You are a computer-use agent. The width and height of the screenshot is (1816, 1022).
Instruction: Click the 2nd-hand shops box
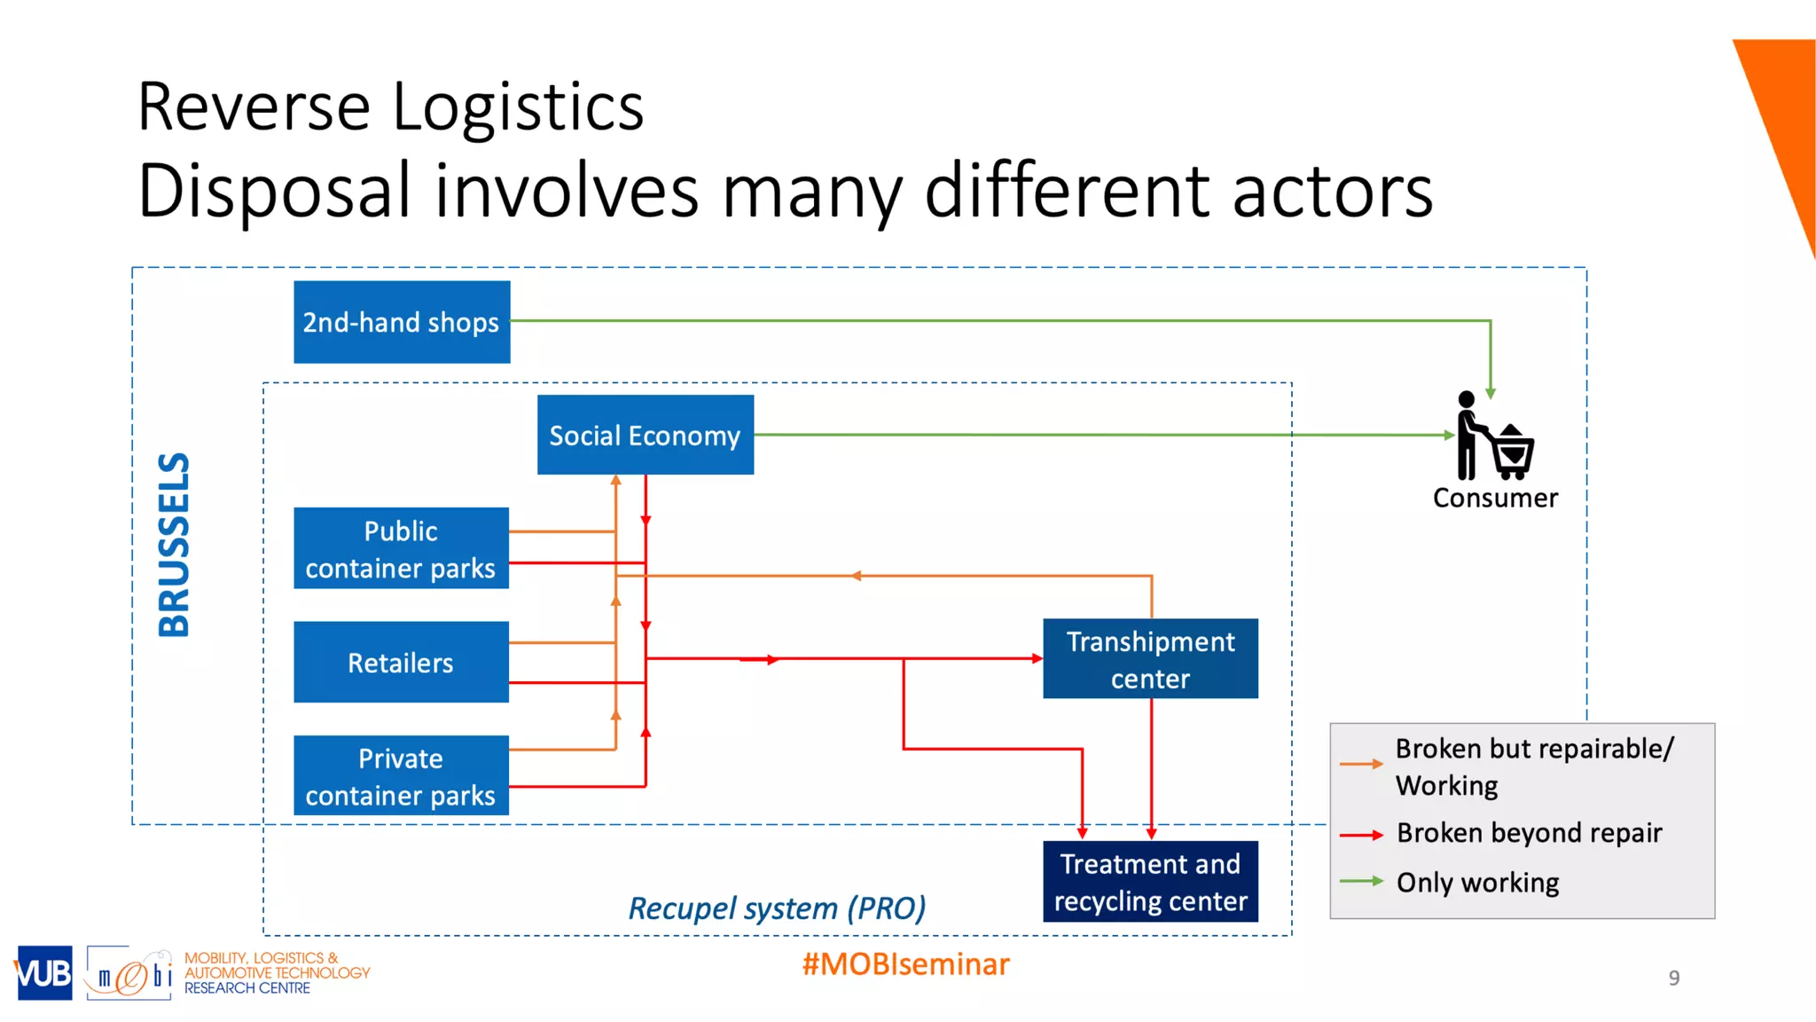[402, 322]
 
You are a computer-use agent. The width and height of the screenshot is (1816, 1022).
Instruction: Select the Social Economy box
[645, 435]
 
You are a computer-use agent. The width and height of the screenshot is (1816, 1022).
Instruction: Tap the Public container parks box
[401, 548]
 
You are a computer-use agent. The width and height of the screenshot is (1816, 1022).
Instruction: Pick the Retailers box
[401, 662]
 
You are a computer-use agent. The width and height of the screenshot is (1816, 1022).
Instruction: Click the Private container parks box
[401, 775]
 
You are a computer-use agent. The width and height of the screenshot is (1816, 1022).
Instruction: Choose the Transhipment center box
[1150, 658]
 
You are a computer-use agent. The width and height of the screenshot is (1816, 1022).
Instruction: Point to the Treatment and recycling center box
[1150, 881]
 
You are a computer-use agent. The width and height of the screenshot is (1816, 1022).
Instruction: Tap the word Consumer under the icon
[1495, 498]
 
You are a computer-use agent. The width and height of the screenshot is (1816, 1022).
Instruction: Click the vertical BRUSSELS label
[174, 545]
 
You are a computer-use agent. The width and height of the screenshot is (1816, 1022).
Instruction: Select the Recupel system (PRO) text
[777, 908]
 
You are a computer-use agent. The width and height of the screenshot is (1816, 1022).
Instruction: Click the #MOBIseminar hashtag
[905, 964]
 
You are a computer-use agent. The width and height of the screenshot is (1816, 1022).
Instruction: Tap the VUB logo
[43, 973]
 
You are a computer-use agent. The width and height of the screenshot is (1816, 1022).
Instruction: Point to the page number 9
[1673, 978]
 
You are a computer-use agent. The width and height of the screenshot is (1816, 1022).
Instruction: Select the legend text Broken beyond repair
[1529, 833]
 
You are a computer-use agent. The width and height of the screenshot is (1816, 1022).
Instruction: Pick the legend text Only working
[1477, 883]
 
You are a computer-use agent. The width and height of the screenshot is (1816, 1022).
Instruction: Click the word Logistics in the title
[518, 107]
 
